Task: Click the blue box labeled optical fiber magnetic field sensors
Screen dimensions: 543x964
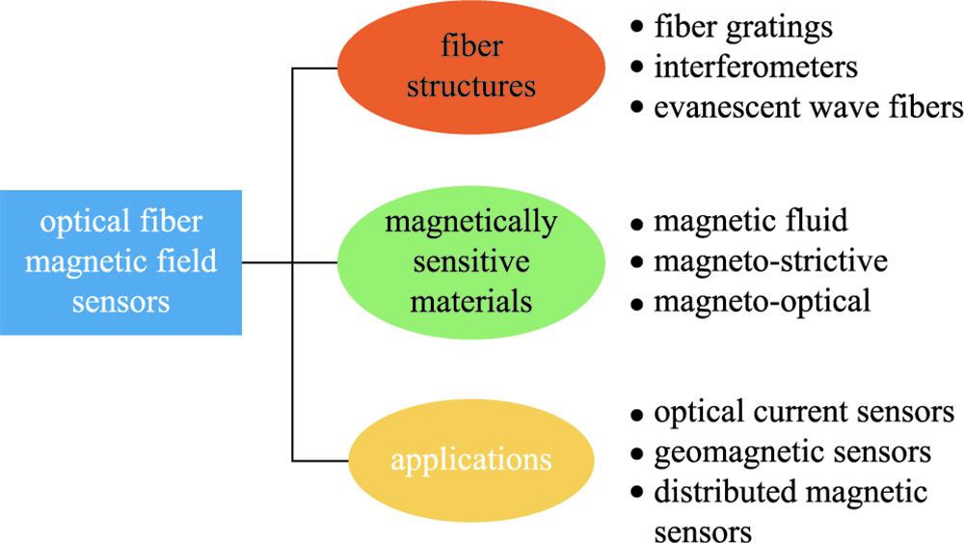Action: click(120, 262)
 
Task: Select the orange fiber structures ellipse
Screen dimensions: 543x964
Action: click(470, 67)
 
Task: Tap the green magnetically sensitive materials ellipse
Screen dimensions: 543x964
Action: click(470, 261)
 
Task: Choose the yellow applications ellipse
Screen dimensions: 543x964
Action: click(470, 459)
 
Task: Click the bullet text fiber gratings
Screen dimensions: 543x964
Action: click(742, 27)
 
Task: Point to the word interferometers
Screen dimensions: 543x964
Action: click(756, 68)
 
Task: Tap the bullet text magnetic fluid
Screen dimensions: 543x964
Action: click(751, 222)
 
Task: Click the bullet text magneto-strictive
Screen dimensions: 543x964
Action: click(770, 261)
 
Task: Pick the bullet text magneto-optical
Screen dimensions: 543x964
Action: click(762, 301)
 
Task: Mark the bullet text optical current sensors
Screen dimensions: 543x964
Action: click(804, 413)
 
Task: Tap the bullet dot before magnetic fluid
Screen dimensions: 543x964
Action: click(636, 224)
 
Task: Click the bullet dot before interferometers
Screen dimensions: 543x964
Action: click(636, 68)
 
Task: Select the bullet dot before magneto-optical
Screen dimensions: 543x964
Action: click(636, 303)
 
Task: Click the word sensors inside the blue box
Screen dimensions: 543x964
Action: click(120, 302)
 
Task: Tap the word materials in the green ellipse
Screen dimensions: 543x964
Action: click(470, 301)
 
